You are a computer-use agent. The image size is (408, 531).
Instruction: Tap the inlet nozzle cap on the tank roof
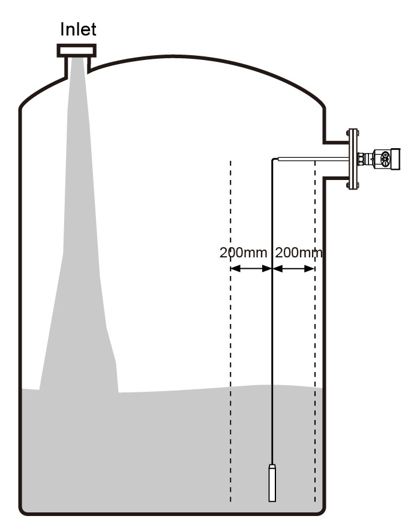76,50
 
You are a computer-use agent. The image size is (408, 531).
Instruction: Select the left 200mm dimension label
243,253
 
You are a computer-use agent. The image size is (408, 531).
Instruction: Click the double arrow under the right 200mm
294,269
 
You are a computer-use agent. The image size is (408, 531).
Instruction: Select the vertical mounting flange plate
352,159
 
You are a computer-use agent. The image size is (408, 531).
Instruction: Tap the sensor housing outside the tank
382,159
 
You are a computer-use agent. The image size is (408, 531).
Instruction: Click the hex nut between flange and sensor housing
362,159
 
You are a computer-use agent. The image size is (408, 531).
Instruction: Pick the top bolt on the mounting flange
352,131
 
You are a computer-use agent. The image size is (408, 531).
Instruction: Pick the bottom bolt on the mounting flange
352,187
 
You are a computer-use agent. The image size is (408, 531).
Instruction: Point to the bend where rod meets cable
274,160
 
